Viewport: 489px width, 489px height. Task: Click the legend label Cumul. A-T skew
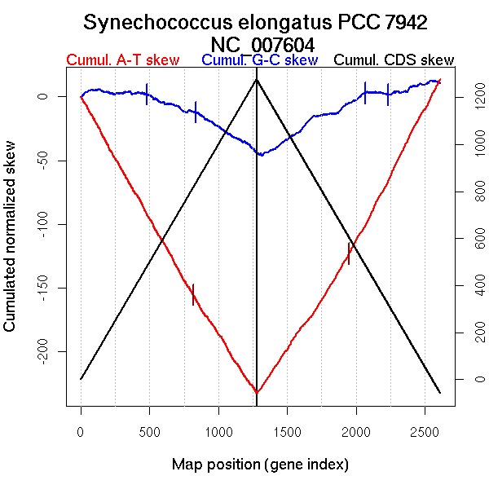tap(122, 60)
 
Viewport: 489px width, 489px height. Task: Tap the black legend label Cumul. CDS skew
tap(394, 60)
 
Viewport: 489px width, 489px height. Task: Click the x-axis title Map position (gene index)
tap(260, 465)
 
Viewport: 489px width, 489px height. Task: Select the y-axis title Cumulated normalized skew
tap(11, 246)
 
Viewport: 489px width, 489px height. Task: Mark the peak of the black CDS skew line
tap(257, 79)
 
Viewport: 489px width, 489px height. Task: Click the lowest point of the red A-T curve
tap(257, 393)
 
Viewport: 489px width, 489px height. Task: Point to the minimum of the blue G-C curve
tap(260, 154)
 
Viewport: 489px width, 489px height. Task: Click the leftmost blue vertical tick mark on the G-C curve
tap(147, 94)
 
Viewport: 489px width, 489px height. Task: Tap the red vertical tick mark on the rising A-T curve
tap(349, 253)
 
